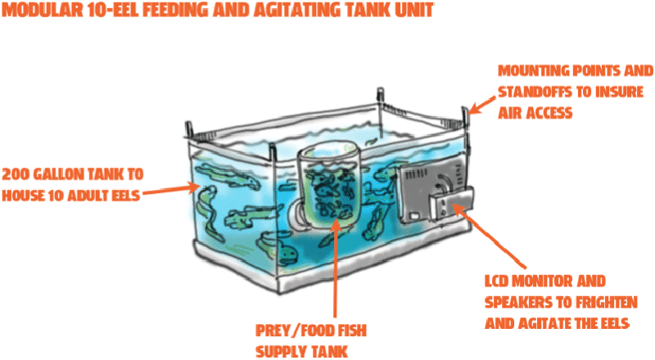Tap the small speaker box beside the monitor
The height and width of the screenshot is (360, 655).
pos(453,205)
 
